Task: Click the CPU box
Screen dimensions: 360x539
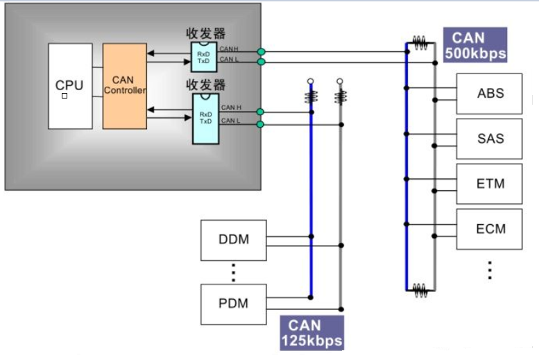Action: coord(70,85)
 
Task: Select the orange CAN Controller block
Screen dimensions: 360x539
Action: coord(125,85)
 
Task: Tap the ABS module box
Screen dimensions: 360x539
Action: coord(489,94)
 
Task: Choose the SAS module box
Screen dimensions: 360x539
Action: coord(489,139)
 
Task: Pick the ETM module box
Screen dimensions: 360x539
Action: coord(489,184)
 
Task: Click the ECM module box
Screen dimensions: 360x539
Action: coord(489,228)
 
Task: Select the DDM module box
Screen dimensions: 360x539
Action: coord(233,240)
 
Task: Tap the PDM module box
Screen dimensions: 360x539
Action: coord(233,304)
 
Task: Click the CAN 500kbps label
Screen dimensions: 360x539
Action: coord(479,45)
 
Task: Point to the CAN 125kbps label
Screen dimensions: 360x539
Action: coord(311,332)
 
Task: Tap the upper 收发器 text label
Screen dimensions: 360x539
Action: coord(205,33)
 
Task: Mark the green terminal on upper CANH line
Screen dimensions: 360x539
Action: coord(261,52)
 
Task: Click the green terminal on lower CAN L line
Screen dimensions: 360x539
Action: coord(260,125)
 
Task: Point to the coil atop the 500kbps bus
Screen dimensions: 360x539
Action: coord(420,42)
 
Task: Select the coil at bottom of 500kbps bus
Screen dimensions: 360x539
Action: coord(420,291)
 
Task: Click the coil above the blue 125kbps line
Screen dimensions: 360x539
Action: coord(311,96)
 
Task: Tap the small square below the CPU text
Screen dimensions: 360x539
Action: coord(65,96)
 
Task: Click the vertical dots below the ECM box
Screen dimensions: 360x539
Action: coord(490,269)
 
